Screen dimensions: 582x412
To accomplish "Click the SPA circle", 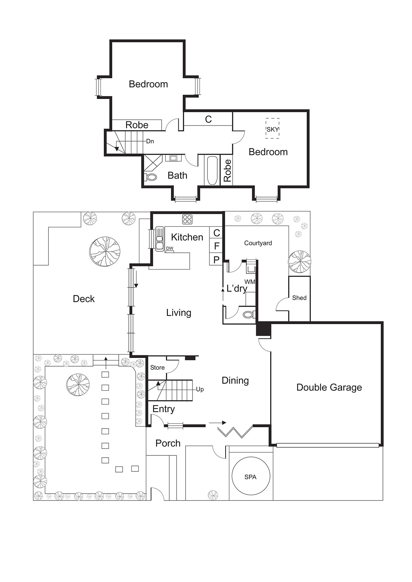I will coord(250,477).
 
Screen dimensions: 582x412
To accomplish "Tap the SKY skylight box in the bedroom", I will coord(272,129).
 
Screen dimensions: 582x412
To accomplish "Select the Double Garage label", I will coord(329,387).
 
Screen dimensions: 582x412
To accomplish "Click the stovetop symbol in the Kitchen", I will coord(187,219).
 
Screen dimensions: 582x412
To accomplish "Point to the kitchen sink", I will coord(159,239).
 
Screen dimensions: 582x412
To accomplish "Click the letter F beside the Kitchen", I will coord(217,246).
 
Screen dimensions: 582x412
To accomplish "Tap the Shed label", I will coord(299,298).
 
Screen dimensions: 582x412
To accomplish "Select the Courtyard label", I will coord(258,243).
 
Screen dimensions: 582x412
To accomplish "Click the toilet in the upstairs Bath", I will coord(151,177).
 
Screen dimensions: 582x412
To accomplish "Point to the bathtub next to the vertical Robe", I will coord(212,170).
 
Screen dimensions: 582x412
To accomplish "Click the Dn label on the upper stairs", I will coord(150,141).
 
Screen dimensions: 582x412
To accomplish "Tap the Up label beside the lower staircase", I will coord(200,389).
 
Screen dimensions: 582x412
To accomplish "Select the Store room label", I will coord(157,367).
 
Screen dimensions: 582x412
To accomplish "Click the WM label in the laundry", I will coord(250,282).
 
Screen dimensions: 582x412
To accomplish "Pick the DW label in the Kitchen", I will coord(170,248).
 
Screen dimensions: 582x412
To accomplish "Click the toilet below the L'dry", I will coord(249,314).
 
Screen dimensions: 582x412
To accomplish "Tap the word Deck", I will coord(84,299).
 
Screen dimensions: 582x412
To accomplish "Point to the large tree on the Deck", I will coord(105,251).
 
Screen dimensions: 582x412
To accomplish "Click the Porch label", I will coord(168,443).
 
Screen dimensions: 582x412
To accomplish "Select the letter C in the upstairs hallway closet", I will coord(208,119).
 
